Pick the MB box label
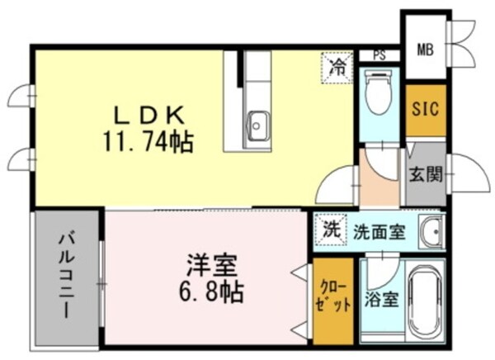coord(424,50)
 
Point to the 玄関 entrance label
coord(426,174)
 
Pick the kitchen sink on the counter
coord(256,126)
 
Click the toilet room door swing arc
coord(381,163)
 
